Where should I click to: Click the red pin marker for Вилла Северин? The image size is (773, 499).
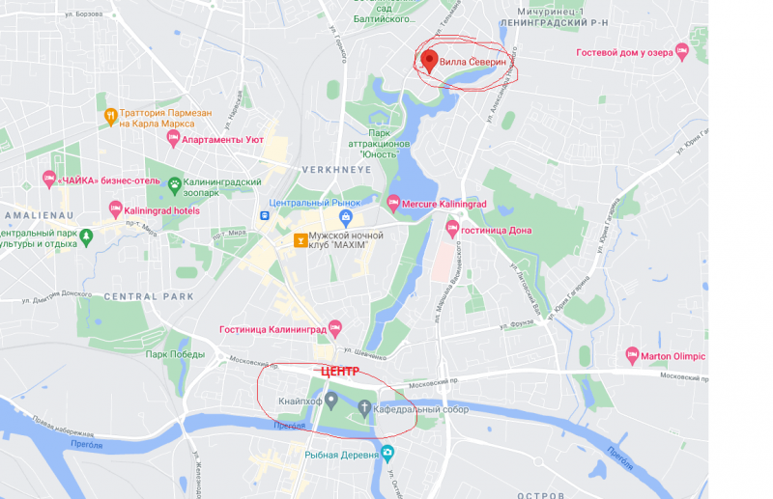(x=429, y=62)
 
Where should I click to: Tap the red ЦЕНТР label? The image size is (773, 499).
(x=339, y=371)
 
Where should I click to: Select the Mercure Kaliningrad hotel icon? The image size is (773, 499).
(x=393, y=203)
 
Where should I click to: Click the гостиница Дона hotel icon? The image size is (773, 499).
(x=451, y=229)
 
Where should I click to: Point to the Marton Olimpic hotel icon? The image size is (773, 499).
(x=633, y=355)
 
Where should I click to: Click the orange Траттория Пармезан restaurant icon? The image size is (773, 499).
(x=111, y=116)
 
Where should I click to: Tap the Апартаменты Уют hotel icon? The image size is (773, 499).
(x=173, y=139)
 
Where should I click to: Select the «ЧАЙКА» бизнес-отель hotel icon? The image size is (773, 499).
(x=48, y=179)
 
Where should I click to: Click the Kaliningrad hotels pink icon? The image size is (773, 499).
(x=116, y=208)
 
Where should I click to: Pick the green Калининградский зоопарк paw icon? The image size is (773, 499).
(x=174, y=182)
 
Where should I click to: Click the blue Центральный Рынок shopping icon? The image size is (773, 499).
(x=346, y=203)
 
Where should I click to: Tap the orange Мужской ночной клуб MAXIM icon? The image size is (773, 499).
(x=301, y=238)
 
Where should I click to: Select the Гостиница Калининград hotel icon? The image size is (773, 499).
(x=335, y=327)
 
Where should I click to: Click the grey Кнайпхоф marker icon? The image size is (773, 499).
(x=330, y=399)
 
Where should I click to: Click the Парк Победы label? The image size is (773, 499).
(x=175, y=354)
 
